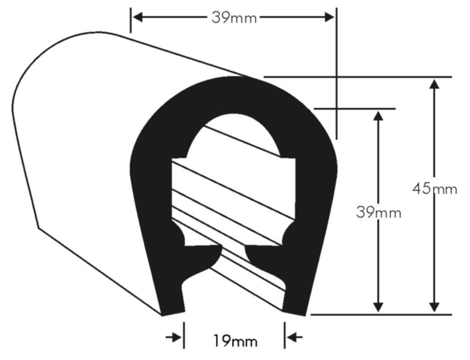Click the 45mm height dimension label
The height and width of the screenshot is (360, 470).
pos(434,189)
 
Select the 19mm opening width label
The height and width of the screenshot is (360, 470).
pos(235,341)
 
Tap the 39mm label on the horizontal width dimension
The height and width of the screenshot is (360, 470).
pos(234,17)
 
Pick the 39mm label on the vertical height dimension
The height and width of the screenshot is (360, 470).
pos(378,213)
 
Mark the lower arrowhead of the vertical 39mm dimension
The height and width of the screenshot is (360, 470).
pos(378,307)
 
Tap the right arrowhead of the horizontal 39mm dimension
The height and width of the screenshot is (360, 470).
pos(329,17)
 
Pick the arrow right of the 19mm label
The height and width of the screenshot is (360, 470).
pos(295,337)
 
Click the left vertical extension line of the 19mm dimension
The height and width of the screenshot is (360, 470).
pos(184,335)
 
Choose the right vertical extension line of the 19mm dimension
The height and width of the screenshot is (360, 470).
pos(285,335)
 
